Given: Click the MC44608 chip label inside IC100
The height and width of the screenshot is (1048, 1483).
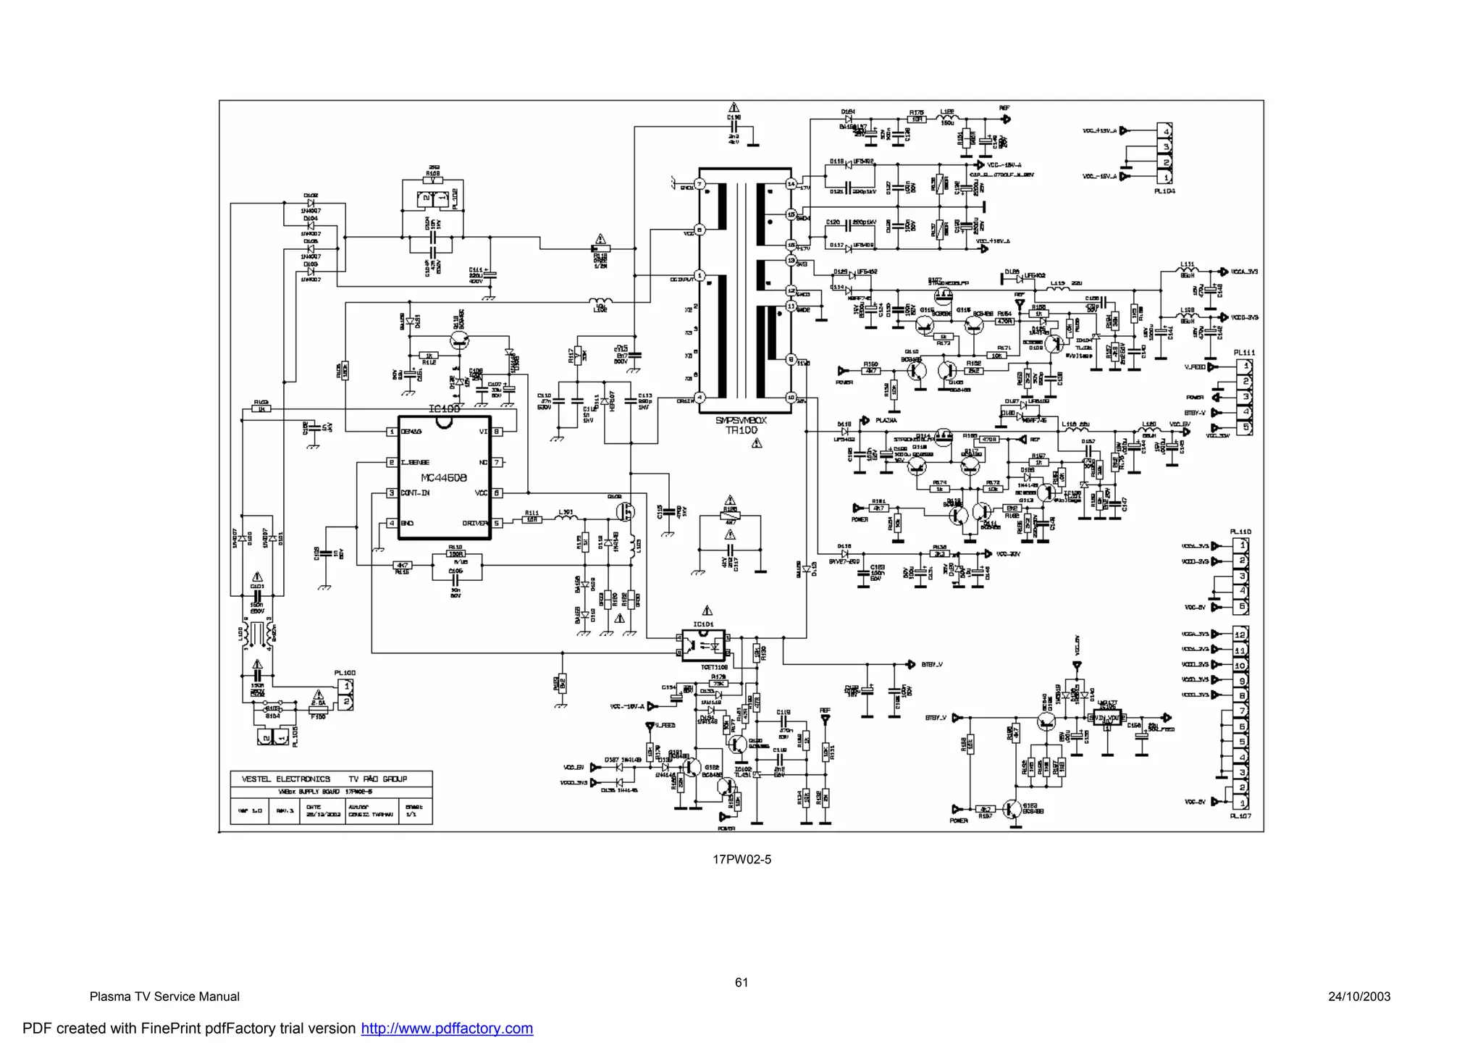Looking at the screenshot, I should (x=444, y=478).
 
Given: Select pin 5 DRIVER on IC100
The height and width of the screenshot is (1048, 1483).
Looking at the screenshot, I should (x=497, y=523).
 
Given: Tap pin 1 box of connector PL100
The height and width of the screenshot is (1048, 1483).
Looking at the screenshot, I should (x=347, y=685).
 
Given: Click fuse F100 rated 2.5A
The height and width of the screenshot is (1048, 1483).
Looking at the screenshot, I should (x=318, y=703).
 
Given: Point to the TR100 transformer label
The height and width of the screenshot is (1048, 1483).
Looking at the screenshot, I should (x=741, y=429).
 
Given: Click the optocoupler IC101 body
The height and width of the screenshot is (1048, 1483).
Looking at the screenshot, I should (x=704, y=645).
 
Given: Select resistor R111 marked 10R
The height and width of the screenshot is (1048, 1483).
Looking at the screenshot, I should (x=532, y=519).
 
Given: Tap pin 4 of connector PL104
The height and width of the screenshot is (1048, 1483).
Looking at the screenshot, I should (x=1166, y=131).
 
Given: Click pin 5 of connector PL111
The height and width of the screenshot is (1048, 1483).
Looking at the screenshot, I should (x=1245, y=428).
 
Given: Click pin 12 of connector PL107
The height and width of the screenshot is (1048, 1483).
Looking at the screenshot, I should (x=1240, y=634).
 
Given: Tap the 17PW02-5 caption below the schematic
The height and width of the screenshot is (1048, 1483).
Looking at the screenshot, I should (x=741, y=860).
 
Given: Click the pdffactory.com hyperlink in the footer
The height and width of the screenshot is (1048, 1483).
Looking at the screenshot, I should (x=447, y=1028).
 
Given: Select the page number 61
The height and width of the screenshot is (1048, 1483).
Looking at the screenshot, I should (x=741, y=982).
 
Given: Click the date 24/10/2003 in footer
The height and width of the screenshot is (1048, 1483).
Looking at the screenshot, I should (x=1359, y=997).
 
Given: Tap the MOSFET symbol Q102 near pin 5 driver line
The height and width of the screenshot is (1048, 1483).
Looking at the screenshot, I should (x=625, y=511).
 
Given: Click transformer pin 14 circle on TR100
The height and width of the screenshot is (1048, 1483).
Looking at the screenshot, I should (x=791, y=184).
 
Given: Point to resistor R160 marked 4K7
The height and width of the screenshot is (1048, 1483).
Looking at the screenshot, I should (x=870, y=371).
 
